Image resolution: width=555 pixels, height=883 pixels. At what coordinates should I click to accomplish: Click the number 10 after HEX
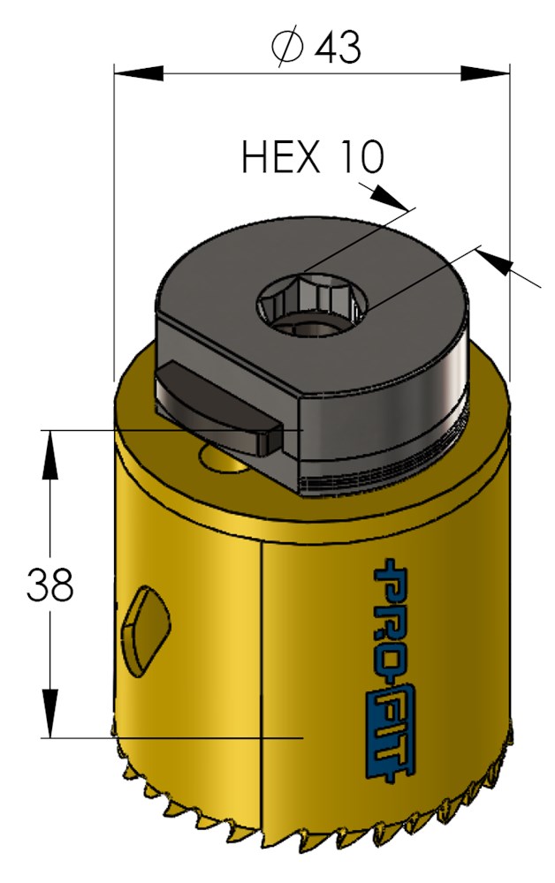(x=360, y=158)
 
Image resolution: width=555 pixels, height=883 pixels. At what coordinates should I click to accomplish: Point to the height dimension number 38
(x=49, y=585)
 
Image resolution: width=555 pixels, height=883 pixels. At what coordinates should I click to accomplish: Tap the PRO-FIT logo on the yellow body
(x=390, y=671)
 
